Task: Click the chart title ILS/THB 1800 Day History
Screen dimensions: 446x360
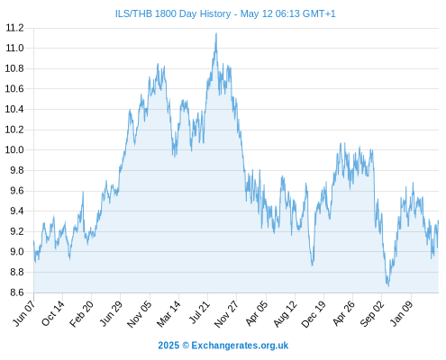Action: point(173,13)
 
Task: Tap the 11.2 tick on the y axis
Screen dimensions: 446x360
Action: point(14,28)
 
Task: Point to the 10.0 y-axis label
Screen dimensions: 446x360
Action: point(14,149)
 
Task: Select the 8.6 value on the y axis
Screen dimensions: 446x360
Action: point(17,292)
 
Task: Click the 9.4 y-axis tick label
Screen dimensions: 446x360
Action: point(17,211)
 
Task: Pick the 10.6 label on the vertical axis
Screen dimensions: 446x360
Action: point(14,89)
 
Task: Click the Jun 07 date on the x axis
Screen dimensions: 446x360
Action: point(24,313)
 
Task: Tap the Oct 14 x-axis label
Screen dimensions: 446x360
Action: point(53,313)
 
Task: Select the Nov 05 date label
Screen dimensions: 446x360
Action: point(140,313)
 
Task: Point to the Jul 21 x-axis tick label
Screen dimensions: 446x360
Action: point(198,312)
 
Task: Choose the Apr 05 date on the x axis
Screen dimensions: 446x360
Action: point(256,313)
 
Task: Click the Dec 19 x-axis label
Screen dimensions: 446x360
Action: point(314,313)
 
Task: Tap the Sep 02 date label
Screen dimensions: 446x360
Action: point(372,313)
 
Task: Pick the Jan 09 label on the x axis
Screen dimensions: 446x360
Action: point(402,313)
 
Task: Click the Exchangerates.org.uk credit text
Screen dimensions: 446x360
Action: point(240,346)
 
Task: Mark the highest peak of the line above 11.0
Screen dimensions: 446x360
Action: point(216,33)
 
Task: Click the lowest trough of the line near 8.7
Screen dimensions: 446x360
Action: point(388,286)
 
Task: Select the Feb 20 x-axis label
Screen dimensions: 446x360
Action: point(81,313)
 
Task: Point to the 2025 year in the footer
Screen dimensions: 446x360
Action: point(168,346)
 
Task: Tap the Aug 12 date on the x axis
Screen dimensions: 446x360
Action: point(286,313)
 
